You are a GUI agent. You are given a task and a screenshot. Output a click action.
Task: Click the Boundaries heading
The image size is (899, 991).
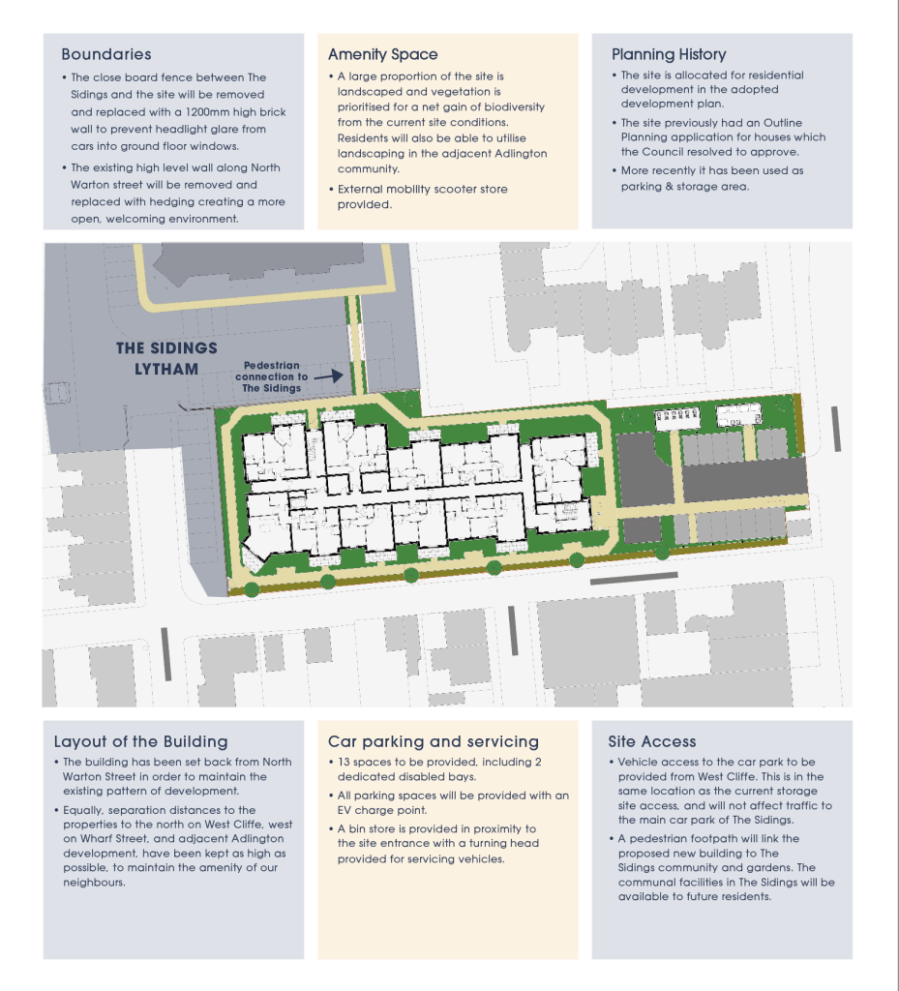(106, 54)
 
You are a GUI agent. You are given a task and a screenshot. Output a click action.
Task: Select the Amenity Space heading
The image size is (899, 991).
(383, 54)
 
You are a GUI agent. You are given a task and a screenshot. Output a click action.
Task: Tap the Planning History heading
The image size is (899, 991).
(669, 54)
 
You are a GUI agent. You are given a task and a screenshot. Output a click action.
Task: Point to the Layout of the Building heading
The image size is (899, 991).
(141, 741)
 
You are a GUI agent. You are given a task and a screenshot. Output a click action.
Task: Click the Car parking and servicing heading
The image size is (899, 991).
(434, 741)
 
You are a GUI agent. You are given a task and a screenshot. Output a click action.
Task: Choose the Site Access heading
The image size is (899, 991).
(652, 741)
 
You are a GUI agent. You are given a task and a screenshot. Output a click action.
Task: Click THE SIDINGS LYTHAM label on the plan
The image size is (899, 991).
(166, 358)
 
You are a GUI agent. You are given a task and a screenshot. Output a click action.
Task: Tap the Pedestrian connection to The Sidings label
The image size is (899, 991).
(272, 376)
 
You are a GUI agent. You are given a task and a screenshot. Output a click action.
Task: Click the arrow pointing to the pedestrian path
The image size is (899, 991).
(328, 376)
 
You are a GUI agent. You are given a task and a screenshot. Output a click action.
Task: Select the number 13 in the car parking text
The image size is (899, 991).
(344, 762)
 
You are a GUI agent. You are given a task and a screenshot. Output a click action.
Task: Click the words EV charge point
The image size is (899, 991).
(382, 810)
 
